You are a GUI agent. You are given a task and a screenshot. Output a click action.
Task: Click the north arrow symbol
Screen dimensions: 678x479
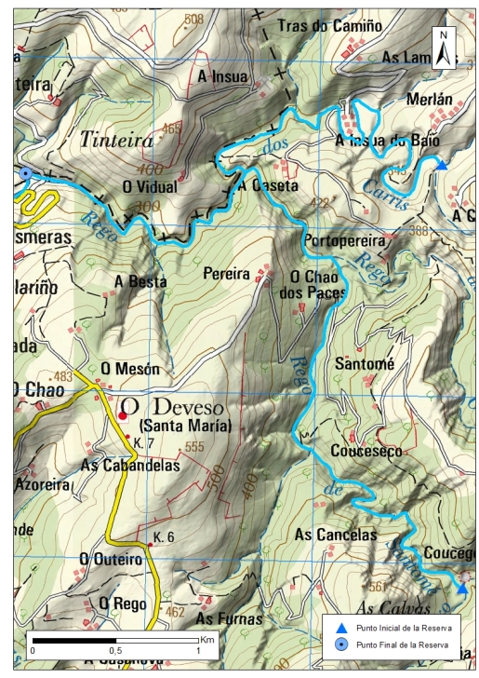coord(446,47)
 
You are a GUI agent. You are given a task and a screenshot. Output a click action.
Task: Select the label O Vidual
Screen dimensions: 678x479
coord(150,186)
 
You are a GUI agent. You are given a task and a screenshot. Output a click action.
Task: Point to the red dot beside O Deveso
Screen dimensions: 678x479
coord(123,415)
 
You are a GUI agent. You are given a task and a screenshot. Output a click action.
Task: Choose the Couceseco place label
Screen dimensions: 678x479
coord(366,451)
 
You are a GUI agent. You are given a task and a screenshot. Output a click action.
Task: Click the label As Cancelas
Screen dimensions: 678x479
coord(336,535)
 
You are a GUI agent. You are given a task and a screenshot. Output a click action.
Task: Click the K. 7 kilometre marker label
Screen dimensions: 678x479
coord(143,441)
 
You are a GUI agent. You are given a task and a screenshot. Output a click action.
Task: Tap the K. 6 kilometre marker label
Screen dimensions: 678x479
coord(165,538)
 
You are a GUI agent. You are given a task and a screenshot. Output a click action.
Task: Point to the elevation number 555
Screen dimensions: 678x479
coord(193,447)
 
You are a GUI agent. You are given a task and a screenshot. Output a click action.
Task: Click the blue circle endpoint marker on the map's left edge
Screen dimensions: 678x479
coord(26,174)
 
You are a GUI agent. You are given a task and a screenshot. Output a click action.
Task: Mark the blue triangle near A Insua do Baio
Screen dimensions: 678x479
coord(442,165)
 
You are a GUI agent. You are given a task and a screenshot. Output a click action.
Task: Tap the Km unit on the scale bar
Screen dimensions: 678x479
coord(206,640)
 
